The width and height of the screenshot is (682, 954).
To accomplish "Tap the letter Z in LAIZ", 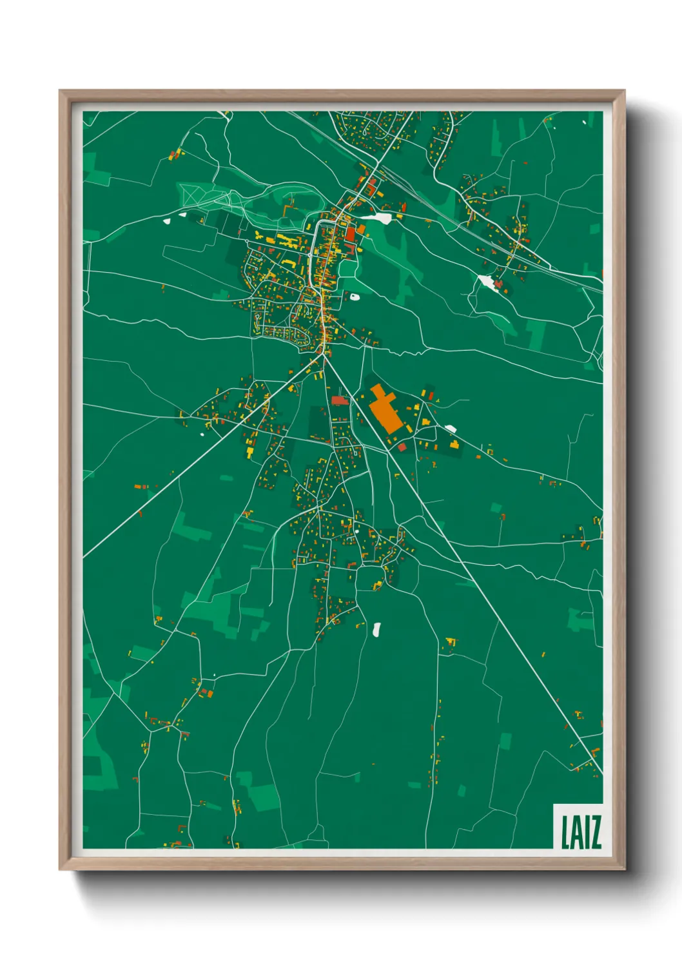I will click(x=594, y=832).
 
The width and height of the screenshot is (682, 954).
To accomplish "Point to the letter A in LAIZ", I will click(x=575, y=832).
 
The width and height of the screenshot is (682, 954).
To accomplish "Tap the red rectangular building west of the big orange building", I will click(x=339, y=400).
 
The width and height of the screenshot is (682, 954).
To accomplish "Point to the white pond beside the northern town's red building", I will click(x=380, y=219).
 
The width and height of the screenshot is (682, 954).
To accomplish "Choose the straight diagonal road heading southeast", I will click(x=477, y=580).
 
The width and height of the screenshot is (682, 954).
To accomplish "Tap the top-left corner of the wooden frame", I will click(x=61, y=92).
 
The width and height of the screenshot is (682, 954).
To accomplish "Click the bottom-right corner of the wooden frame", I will click(x=624, y=868).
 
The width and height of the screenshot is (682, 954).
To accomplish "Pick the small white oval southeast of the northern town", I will click(x=355, y=297).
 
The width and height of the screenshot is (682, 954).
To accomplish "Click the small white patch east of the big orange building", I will click(x=451, y=428).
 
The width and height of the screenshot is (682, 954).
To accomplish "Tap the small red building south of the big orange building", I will click(x=402, y=447).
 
